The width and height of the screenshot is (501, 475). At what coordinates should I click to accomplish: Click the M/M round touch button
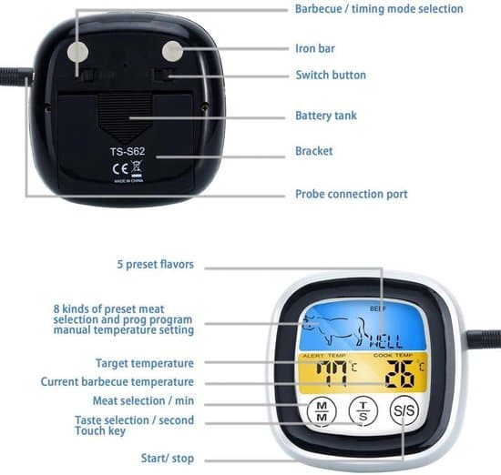point(322,412)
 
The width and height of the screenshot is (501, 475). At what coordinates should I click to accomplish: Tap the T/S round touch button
point(363,411)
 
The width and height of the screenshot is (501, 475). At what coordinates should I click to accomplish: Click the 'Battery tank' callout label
point(326,116)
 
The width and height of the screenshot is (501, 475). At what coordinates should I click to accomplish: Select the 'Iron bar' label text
point(315,48)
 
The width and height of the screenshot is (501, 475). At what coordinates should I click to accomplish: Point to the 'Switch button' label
point(331,75)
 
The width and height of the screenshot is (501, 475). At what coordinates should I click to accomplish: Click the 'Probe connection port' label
point(352,194)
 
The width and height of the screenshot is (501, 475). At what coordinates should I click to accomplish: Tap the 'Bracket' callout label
point(313,151)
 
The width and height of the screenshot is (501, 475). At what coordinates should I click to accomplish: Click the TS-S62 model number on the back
point(128,151)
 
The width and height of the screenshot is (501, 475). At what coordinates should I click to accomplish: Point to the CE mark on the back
point(120,168)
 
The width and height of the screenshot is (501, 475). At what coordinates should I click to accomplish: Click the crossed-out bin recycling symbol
point(137,168)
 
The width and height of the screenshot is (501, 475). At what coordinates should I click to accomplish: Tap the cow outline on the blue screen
point(335,330)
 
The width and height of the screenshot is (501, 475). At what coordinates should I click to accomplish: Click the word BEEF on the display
point(378,308)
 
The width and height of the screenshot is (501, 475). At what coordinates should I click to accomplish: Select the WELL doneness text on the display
point(386,341)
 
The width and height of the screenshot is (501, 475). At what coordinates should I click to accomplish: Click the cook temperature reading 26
point(400,374)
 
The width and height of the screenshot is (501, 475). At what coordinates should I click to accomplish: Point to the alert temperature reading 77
point(332,373)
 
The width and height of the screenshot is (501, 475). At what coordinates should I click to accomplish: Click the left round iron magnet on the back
point(77,52)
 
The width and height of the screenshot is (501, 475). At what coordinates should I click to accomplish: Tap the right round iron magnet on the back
point(172,51)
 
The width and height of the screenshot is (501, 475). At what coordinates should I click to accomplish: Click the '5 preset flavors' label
point(155,265)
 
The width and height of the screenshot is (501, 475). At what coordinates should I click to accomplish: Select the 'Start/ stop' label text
point(168,459)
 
